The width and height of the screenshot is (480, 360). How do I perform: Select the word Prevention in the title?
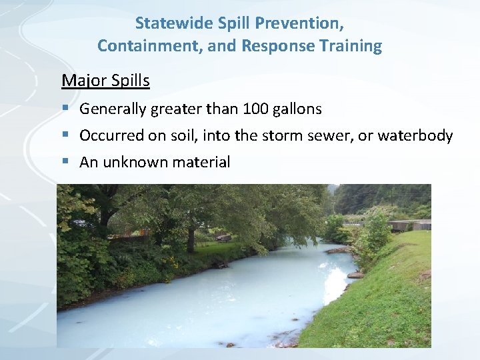(x=306, y=23)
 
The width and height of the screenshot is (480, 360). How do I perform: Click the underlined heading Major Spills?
(x=105, y=81)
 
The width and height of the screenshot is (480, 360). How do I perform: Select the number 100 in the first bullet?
(x=255, y=109)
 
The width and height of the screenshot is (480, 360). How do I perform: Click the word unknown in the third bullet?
(x=133, y=162)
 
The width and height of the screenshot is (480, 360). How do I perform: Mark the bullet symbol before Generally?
(x=65, y=109)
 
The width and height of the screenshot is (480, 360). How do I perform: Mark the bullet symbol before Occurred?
(x=65, y=136)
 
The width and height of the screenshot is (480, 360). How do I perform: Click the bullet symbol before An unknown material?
(x=65, y=162)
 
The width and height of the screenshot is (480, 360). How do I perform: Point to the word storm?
(x=287, y=136)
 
